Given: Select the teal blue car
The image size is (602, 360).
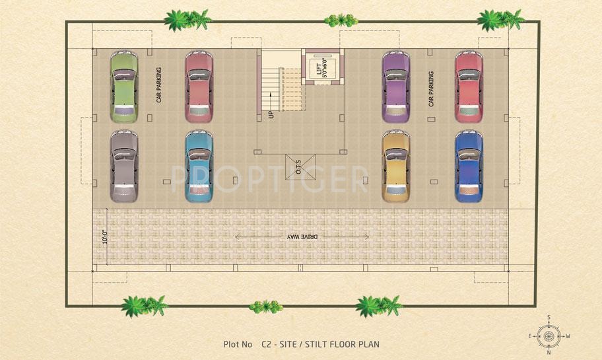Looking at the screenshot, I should coord(200,166).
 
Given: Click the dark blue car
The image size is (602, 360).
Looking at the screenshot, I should coord(469,166).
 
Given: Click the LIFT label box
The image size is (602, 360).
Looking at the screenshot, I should coord(323,67).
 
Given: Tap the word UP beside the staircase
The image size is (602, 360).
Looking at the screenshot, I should coord(271,114).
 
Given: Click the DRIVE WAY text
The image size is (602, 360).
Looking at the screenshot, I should coord(301,236).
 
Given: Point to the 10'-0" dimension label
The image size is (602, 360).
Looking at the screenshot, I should coord(104,236).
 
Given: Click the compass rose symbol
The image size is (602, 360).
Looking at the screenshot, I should coord(549,336).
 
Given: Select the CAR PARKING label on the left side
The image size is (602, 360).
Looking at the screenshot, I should coord(159,86).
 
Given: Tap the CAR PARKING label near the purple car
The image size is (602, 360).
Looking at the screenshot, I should coord(430,89).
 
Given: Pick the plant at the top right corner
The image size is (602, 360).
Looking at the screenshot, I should coord(499,20).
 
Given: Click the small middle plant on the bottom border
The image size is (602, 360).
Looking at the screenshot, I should coord(265,306).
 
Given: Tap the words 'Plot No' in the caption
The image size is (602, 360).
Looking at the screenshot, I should coord(238,344).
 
